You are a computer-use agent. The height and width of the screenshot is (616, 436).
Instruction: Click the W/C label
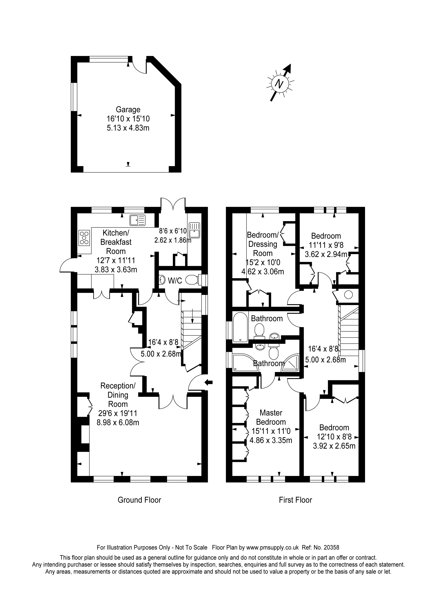[175, 281]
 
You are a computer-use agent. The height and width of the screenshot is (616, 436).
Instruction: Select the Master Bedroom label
[271, 417]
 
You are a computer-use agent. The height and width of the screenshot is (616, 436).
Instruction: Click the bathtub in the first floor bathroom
[240, 327]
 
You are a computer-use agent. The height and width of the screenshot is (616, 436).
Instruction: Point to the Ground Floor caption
[139, 500]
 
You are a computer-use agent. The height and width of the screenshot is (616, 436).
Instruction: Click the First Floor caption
[295, 500]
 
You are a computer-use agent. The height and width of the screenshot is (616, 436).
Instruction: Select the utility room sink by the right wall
[194, 230]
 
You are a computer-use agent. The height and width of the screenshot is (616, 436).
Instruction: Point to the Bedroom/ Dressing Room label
[263, 244]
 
